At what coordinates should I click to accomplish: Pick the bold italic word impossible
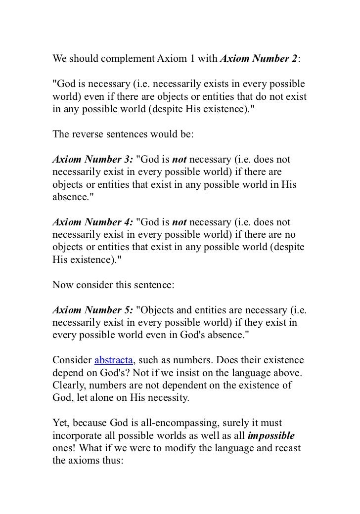pos(271,436)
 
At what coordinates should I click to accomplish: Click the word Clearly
pos(67,385)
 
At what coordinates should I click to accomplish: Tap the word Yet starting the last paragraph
pos(60,424)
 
